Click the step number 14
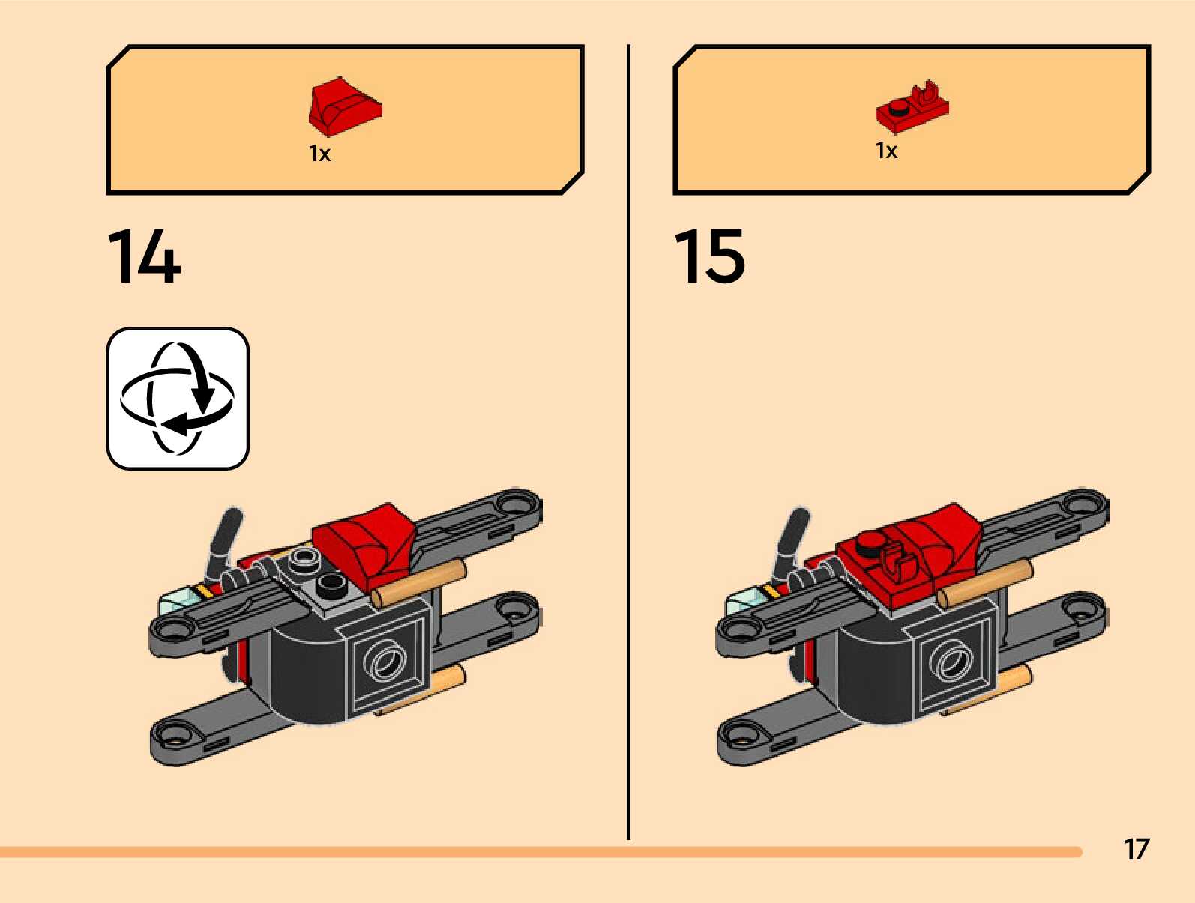[x=144, y=257]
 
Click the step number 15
[x=709, y=257]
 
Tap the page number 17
[x=1136, y=849]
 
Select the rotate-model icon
[x=178, y=399]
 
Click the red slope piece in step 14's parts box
[x=344, y=106]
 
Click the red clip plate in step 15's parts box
[x=912, y=107]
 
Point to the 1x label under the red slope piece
[x=319, y=154]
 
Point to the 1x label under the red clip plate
[x=886, y=151]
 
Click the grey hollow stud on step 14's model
[x=304, y=557]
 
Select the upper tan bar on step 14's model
[x=420, y=583]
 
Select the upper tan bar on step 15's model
[x=985, y=583]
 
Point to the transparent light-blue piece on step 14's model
[x=177, y=600]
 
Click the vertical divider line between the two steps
[x=628, y=442]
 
